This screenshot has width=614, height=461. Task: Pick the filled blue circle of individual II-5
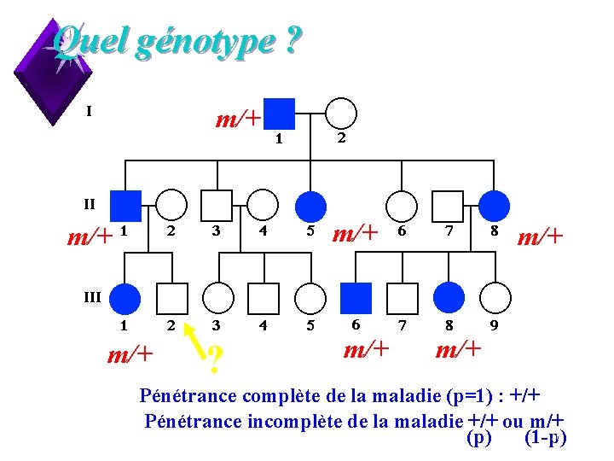pyautogui.click(x=311, y=206)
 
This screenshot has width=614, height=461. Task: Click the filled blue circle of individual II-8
pyautogui.click(x=495, y=206)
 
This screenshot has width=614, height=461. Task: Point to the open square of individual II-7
pyautogui.click(x=448, y=206)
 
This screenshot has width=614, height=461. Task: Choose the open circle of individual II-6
pyautogui.click(x=402, y=206)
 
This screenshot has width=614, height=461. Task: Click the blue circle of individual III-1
pyautogui.click(x=127, y=297)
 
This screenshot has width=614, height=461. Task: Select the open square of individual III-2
pyautogui.click(x=173, y=297)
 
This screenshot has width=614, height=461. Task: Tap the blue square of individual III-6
pyautogui.click(x=356, y=297)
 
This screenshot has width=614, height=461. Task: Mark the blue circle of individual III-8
pyautogui.click(x=449, y=297)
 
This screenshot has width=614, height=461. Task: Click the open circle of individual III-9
pyautogui.click(x=495, y=297)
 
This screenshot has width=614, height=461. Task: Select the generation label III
pyautogui.click(x=91, y=297)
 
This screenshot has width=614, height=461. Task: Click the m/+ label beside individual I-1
pyautogui.click(x=237, y=119)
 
